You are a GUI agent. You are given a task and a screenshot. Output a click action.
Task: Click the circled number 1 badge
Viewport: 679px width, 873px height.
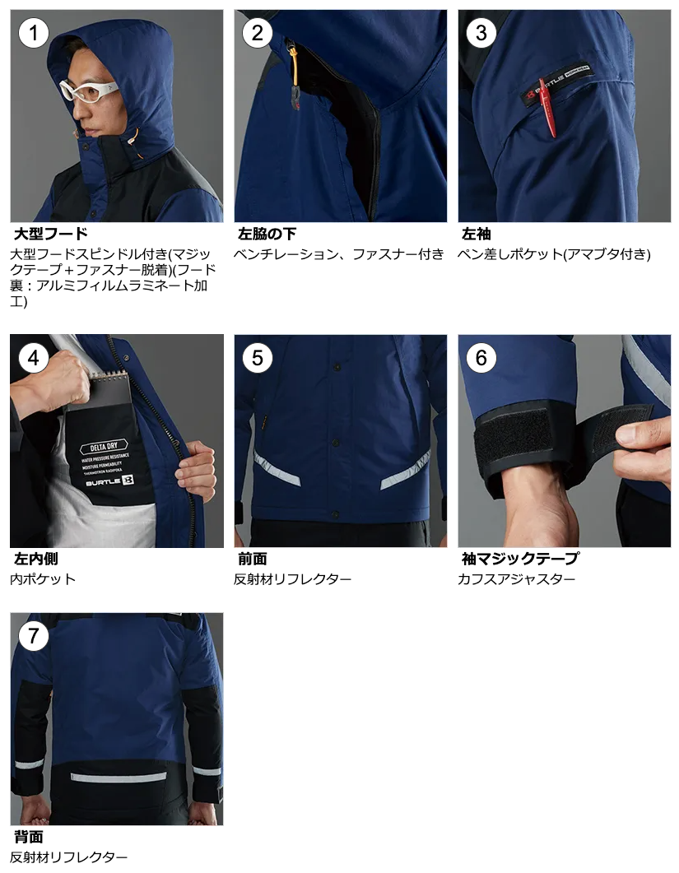click(x=34, y=33)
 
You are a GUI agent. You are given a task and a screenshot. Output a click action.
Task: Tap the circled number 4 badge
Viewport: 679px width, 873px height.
click(x=34, y=357)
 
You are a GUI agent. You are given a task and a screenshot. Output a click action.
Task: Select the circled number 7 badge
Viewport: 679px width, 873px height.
click(x=34, y=636)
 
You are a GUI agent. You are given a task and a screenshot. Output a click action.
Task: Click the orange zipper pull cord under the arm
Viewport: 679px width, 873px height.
click(x=294, y=67)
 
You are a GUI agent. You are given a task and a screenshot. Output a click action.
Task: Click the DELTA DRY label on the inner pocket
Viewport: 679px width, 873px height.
click(x=105, y=447)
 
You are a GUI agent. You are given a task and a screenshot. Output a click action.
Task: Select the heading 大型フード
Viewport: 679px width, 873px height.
click(x=51, y=234)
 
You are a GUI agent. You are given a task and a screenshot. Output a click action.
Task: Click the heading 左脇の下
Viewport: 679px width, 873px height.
click(x=267, y=234)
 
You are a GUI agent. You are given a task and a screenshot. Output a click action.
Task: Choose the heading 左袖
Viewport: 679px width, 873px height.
click(x=477, y=234)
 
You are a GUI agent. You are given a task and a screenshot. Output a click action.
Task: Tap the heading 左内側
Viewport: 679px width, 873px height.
click(x=36, y=559)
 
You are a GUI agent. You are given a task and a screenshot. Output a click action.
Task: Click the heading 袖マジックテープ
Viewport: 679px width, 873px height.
click(x=520, y=559)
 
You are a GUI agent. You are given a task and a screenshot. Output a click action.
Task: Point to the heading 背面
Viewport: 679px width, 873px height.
click(x=29, y=837)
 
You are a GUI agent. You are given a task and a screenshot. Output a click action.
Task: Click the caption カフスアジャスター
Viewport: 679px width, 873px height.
click(x=516, y=579)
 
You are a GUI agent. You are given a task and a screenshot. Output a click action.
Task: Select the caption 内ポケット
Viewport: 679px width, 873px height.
click(x=43, y=579)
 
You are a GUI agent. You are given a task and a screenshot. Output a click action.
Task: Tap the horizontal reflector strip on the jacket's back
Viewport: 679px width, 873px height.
click(x=118, y=777)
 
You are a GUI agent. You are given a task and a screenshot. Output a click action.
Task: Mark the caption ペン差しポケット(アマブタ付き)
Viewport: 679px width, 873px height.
click(x=554, y=254)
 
